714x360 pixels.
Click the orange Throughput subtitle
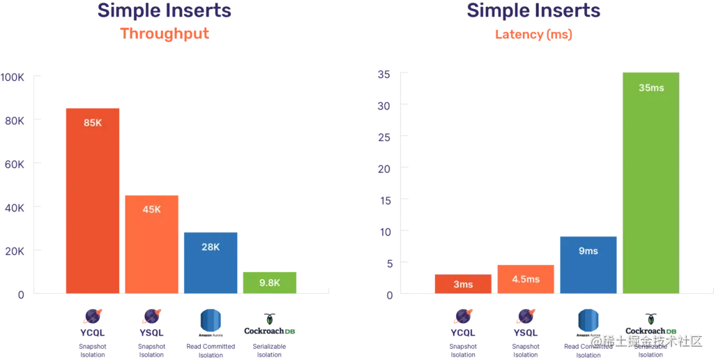point(165,33)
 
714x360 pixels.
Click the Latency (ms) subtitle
point(533,34)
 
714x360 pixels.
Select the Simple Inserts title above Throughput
point(165,11)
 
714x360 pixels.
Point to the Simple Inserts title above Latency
point(533,11)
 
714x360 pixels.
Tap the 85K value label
point(93,123)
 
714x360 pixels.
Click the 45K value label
point(151,209)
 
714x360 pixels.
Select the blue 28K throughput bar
point(211,262)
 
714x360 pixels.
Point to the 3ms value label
point(463,284)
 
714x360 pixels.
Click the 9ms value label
point(588,250)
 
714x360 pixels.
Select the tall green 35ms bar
point(649,181)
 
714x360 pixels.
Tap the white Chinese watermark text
point(645,340)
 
